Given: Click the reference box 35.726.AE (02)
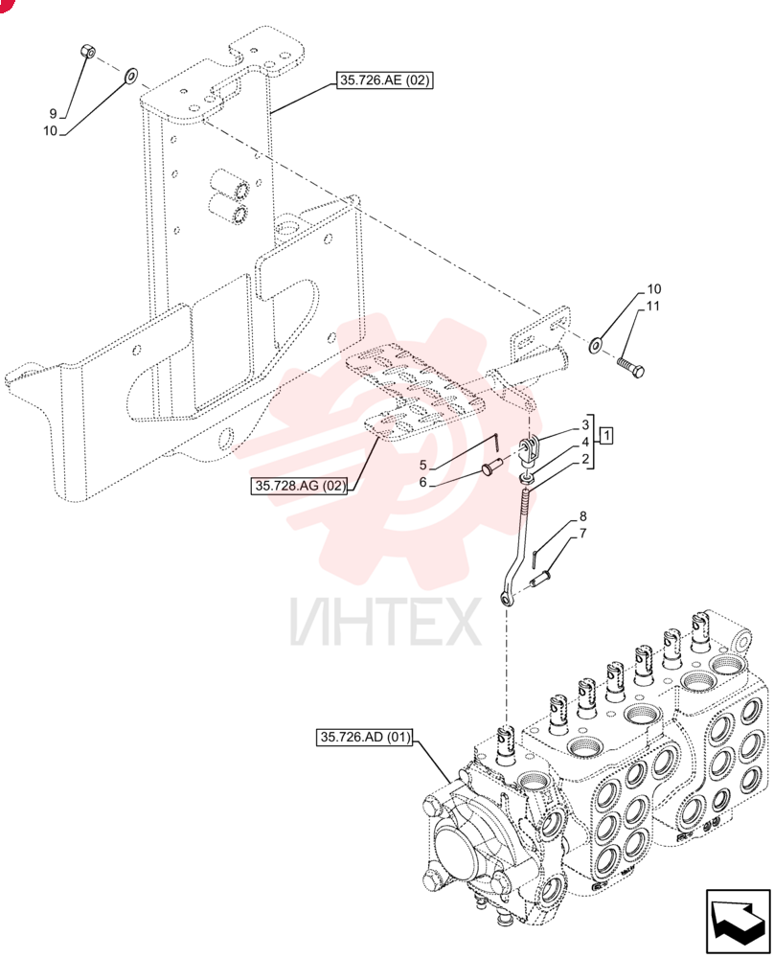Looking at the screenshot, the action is click(x=385, y=80).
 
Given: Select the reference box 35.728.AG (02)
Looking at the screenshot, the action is click(x=299, y=487).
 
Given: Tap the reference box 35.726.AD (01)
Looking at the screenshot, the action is click(x=365, y=737).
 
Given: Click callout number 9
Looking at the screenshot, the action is click(x=53, y=114).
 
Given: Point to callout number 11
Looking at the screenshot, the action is click(x=653, y=306).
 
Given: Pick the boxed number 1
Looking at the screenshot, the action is click(x=606, y=436).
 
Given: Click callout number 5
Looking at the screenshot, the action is click(x=422, y=466).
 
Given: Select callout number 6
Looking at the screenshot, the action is click(x=422, y=483).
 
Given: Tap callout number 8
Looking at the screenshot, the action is click(x=582, y=516).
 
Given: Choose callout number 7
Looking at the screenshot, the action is click(x=582, y=534).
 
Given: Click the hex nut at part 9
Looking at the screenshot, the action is click(x=87, y=51).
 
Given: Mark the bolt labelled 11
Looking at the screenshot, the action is click(x=630, y=367).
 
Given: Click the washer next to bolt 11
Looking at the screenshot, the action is click(x=596, y=345).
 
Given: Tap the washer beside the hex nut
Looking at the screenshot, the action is click(x=130, y=77).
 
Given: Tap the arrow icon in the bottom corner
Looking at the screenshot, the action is click(x=738, y=922).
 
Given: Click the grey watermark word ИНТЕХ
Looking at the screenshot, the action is click(x=385, y=622).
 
